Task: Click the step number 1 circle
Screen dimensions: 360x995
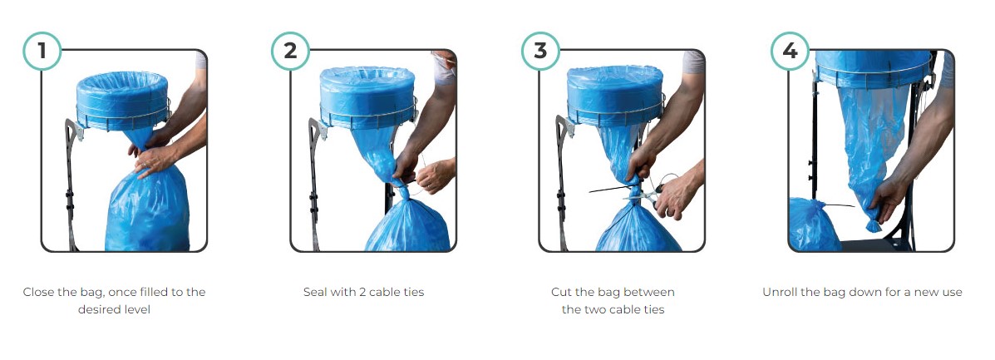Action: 42,51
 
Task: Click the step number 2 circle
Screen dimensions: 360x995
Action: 290,51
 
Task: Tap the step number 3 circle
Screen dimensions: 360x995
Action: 540,51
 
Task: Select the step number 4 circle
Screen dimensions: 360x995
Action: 790,51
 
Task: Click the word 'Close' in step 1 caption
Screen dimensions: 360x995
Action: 39,293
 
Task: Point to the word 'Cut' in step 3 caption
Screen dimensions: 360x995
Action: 561,293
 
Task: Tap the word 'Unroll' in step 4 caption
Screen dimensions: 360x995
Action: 781,293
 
